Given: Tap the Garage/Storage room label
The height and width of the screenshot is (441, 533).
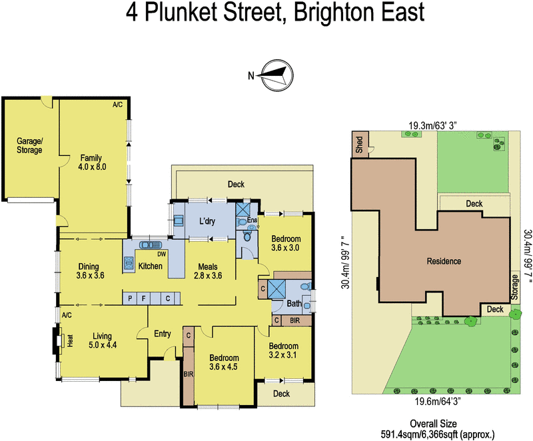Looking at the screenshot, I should point(29,145).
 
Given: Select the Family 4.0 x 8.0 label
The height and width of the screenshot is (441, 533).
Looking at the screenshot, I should point(91,163).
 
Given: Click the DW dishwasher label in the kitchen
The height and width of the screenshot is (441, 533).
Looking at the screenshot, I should point(160,254).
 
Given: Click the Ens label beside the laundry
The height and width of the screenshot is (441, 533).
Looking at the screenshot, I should point(252,220).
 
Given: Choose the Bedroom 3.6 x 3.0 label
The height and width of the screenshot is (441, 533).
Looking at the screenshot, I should point(284,244).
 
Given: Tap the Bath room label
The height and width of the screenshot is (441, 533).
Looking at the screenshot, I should point(294,304).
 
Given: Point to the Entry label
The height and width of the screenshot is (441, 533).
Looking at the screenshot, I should point(163,334).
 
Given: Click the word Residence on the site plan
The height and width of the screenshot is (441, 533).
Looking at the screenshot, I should point(444,261).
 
